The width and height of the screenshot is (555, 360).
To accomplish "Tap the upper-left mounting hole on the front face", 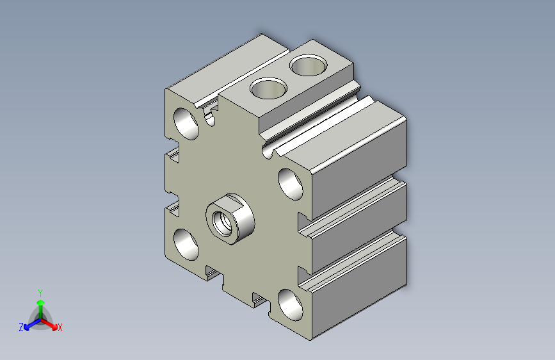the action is tap(186, 124).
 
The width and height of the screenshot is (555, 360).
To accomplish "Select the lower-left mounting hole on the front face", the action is tap(186, 245).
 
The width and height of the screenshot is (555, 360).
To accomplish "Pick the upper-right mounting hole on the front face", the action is tap(290, 184).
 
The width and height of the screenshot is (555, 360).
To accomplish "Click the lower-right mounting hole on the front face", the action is tap(290, 305).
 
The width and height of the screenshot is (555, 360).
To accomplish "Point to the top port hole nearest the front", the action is tap(268, 88).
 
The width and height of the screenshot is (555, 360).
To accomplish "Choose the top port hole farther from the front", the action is tap(309, 65).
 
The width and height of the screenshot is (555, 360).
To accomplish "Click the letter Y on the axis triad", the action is tap(40, 293).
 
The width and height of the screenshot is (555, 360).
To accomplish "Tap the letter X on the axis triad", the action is tap(60, 327).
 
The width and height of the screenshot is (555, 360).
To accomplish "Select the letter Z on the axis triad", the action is tap(21, 327).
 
